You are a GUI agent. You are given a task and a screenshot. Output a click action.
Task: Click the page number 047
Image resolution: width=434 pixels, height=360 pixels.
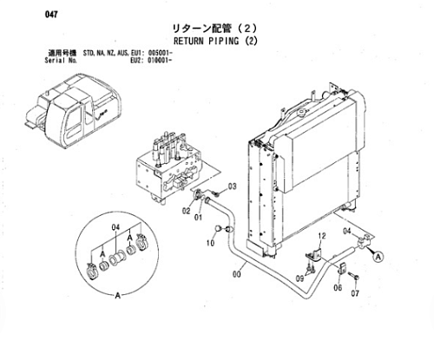coord(51,15)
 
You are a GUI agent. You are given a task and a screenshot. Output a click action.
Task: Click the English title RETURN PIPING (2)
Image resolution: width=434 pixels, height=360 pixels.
coord(215,41)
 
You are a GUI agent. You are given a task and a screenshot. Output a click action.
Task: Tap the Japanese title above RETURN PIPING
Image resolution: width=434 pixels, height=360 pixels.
coord(214,29)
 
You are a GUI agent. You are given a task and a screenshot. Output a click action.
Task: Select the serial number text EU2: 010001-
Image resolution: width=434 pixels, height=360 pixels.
coord(151,61)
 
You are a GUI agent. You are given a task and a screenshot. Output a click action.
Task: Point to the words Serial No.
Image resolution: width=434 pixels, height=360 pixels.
coord(61,61)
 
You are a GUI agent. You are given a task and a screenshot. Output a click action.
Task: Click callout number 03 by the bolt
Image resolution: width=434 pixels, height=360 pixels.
coord(233,187)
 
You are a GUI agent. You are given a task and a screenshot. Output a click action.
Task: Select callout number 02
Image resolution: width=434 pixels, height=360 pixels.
coord(186,211)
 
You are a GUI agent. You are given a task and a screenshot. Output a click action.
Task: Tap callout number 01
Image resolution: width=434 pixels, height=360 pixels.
coord(198,217)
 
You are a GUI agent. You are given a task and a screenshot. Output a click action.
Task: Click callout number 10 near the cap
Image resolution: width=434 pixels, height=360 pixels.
coord(210,243)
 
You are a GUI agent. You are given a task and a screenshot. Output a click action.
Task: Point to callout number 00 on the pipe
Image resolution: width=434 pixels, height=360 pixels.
coord(237,274)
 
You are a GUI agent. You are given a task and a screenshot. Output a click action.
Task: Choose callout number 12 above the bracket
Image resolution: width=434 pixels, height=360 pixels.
coord(322,236)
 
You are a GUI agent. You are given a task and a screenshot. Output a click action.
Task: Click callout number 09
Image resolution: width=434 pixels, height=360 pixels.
coord(299,278)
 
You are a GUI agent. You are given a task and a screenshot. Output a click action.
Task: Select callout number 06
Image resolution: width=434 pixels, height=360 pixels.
coord(338,287)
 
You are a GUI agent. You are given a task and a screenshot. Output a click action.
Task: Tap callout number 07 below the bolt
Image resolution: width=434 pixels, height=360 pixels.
coord(355,293)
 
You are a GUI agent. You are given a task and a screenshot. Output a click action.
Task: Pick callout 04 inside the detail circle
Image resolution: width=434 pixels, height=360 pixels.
coord(115,228)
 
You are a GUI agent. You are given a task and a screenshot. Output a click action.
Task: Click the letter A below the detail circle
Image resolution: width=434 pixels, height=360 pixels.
coord(118,296)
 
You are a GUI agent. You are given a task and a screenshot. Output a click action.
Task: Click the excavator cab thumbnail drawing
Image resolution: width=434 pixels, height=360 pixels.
coord(71,111)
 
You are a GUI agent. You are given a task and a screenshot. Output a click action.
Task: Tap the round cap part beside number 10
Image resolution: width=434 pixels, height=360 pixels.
coord(218,229)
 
